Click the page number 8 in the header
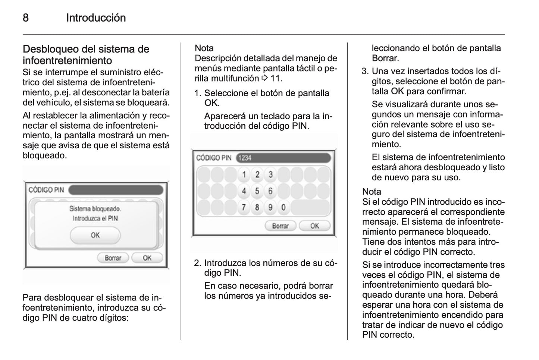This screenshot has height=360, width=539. (x=26, y=18)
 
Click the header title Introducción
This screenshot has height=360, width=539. (x=96, y=18)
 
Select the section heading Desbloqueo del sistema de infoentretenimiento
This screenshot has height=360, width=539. (x=86, y=54)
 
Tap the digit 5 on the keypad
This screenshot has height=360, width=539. (x=257, y=191)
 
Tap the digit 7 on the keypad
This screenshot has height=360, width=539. (x=244, y=207)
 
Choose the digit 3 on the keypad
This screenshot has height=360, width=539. (x=270, y=174)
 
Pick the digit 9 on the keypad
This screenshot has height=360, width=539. (x=270, y=207)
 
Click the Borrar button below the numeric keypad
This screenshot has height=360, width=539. (x=280, y=226)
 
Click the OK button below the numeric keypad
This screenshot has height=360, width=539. (x=314, y=226)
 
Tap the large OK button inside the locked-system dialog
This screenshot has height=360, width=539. (x=95, y=235)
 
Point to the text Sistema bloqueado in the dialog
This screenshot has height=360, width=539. (x=95, y=209)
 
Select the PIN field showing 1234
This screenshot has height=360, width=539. (x=283, y=158)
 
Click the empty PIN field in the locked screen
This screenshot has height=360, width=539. (x=116, y=190)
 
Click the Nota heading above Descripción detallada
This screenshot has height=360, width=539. (x=204, y=48)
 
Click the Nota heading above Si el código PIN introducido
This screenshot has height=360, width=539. (x=372, y=192)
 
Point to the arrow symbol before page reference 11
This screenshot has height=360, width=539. (x=264, y=78)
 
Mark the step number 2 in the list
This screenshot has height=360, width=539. (x=197, y=263)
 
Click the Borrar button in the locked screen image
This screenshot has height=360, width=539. (x=113, y=258)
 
